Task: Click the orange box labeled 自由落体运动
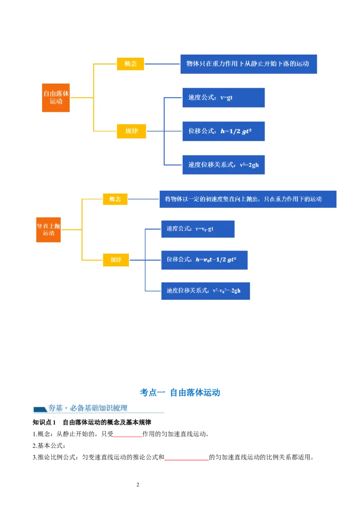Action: click(56, 98)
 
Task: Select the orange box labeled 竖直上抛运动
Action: click(49, 229)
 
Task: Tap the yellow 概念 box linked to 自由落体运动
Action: click(130, 64)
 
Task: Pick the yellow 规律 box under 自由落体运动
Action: click(132, 131)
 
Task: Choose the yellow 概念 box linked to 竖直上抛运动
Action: click(115, 199)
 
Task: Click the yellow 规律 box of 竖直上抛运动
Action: click(116, 260)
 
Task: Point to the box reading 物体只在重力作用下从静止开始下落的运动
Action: click(248, 64)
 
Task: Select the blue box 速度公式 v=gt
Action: click(223, 98)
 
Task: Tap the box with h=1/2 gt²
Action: click(223, 131)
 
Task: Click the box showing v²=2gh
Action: click(223, 165)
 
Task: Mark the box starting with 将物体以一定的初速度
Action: click(247, 199)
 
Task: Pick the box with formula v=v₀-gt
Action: click(198, 229)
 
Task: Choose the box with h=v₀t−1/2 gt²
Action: click(204, 260)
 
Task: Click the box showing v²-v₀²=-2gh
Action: click(205, 291)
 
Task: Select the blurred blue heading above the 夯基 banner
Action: click(180, 392)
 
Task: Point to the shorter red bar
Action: click(128, 437)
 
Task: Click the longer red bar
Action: click(187, 460)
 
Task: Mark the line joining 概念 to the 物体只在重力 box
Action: click(162, 64)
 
